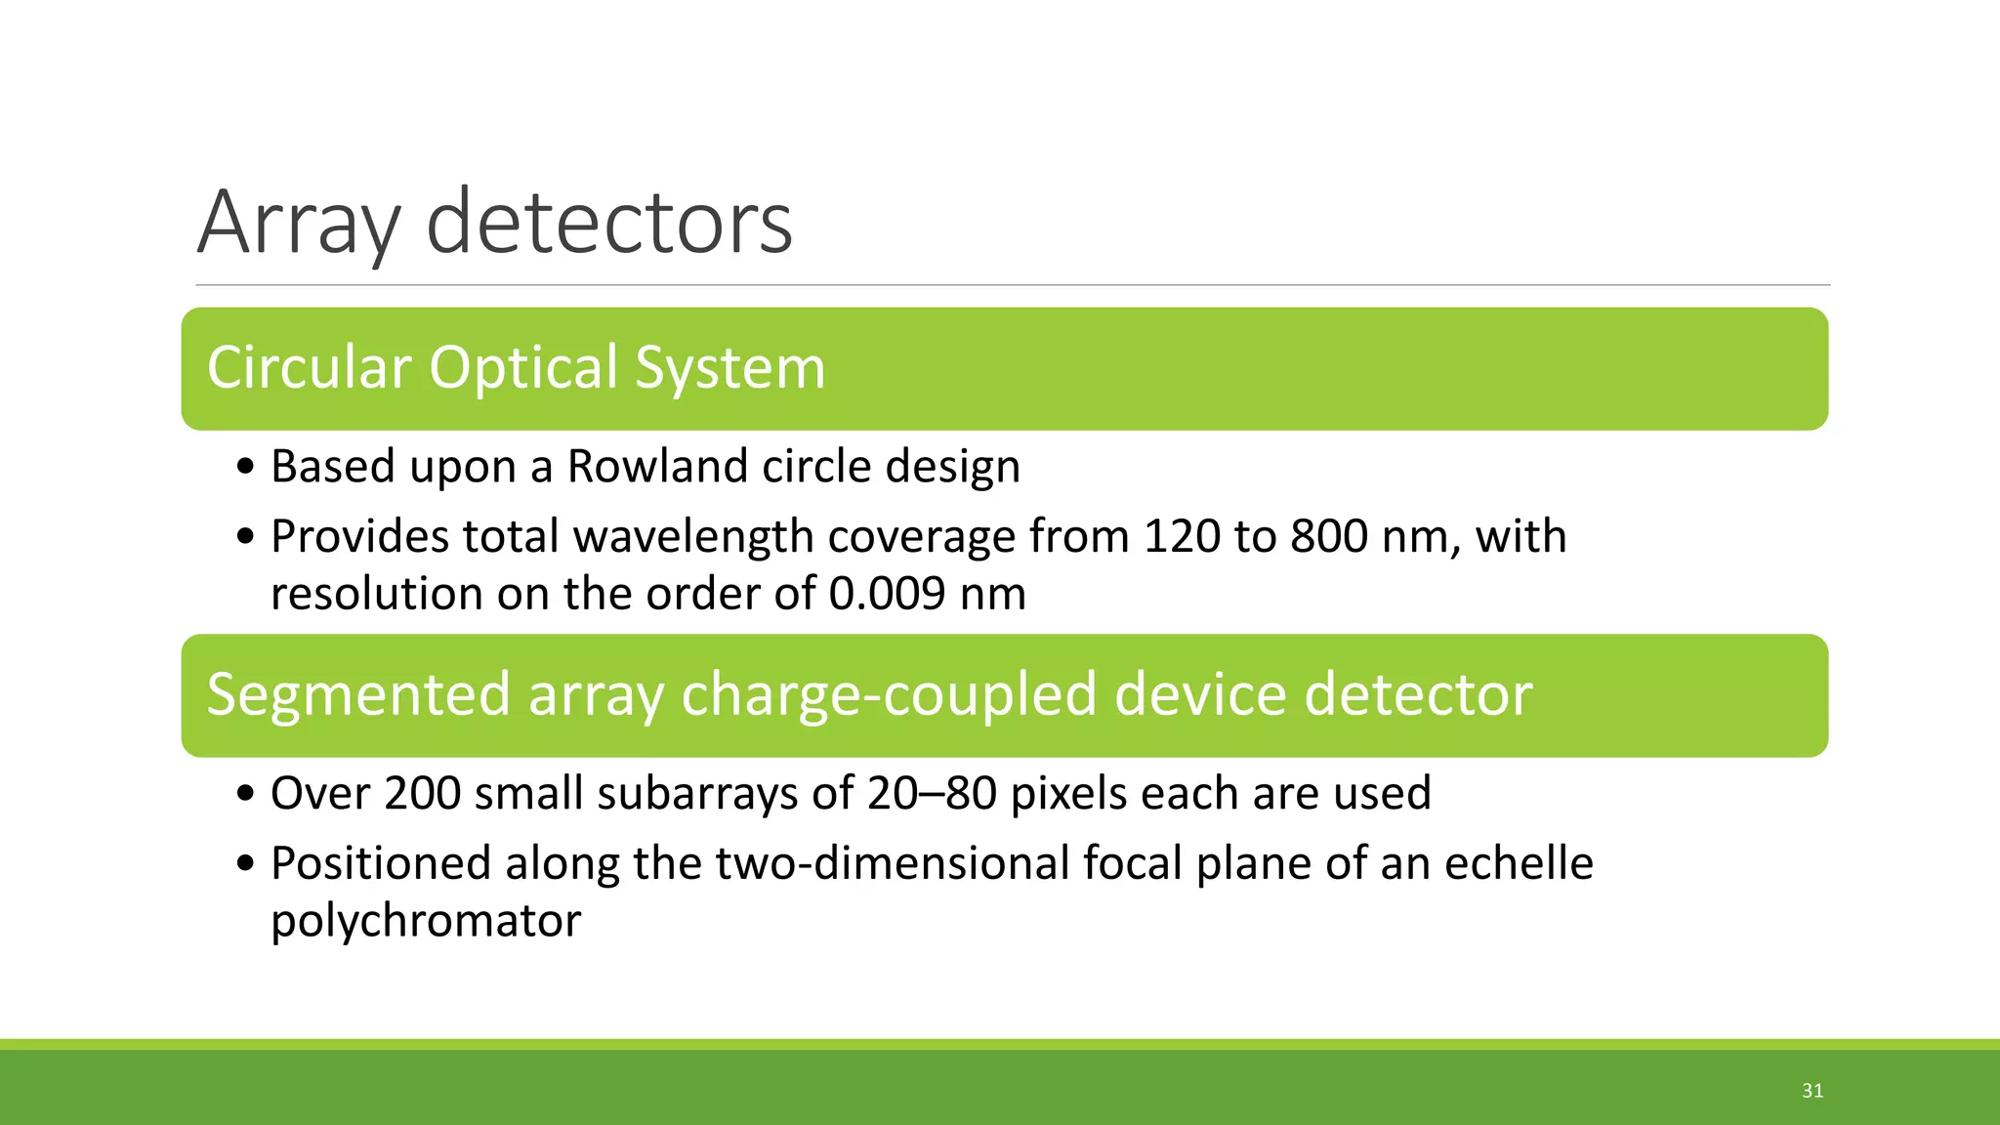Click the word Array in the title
(x=299, y=225)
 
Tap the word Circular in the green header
(x=309, y=368)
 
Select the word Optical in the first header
(x=523, y=368)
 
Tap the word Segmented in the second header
(x=358, y=694)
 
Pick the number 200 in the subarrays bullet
(x=422, y=793)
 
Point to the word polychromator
(x=426, y=921)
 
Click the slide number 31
(x=1812, y=1091)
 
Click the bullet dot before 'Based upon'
(x=246, y=468)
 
